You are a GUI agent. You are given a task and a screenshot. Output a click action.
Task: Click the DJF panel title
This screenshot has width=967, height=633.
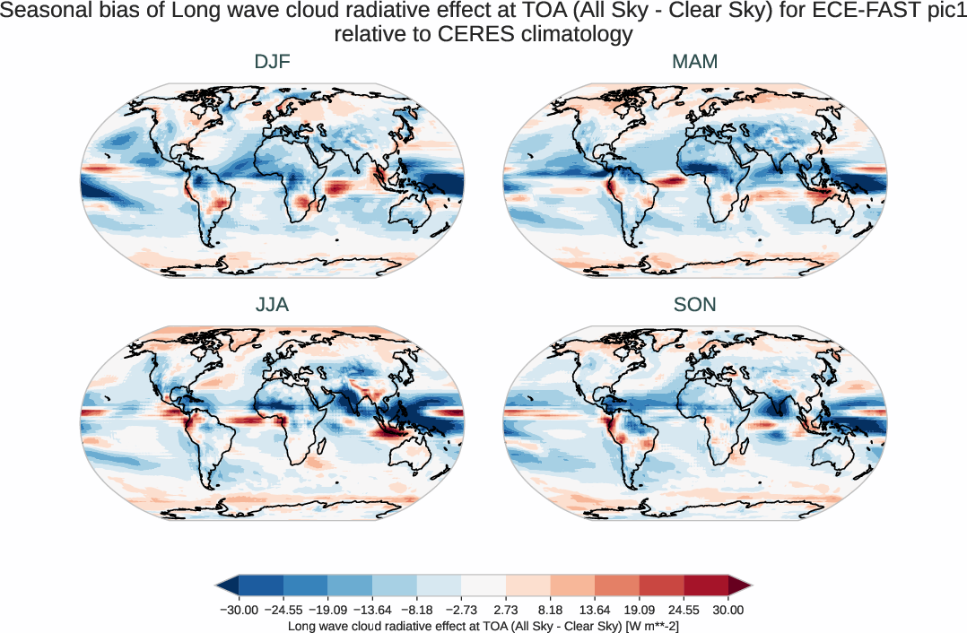(x=272, y=62)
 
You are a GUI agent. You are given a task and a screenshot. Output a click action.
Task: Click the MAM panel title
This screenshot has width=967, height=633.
(x=694, y=62)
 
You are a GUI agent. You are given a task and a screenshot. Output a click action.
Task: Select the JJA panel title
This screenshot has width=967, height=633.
(x=272, y=305)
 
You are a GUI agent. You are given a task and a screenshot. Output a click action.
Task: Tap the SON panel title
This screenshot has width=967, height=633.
(x=694, y=305)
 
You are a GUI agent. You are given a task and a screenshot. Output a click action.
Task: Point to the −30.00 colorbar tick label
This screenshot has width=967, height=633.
(x=239, y=610)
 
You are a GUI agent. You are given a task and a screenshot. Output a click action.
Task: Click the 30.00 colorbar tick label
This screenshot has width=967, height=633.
(x=728, y=610)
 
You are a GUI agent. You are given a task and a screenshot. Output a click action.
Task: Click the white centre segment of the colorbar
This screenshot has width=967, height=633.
(x=483, y=585)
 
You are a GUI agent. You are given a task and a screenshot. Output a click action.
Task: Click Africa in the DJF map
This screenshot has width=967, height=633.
(x=287, y=179)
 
